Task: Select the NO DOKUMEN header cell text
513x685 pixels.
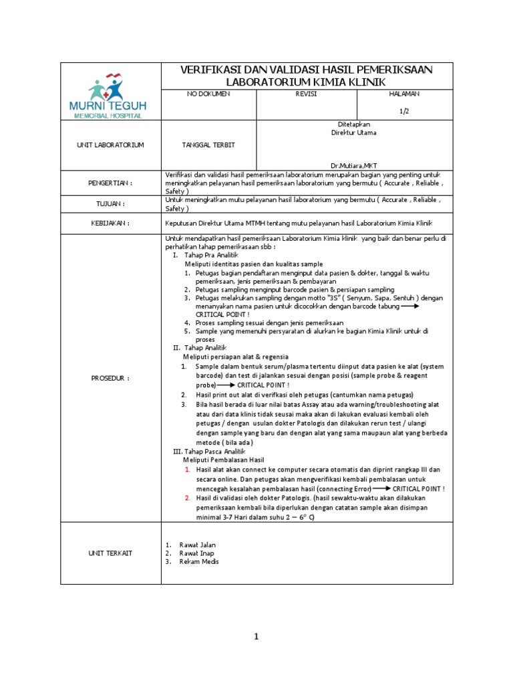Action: [208, 94]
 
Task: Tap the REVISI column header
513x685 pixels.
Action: [306, 94]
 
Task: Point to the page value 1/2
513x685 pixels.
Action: [405, 111]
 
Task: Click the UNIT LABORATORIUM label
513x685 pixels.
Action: [111, 145]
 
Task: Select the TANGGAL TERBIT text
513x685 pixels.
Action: [208, 145]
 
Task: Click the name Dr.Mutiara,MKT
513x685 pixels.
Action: [354, 165]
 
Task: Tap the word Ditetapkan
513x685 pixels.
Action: [354, 124]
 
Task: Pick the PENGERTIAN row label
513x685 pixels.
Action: [111, 183]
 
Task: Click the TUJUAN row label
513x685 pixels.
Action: [111, 204]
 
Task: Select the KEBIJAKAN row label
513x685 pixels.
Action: [111, 224]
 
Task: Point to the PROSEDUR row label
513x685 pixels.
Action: [111, 378]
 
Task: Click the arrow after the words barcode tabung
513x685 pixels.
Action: [409, 306]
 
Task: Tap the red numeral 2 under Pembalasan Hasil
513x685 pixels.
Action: [188, 498]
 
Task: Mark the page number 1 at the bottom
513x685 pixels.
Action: [256, 637]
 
